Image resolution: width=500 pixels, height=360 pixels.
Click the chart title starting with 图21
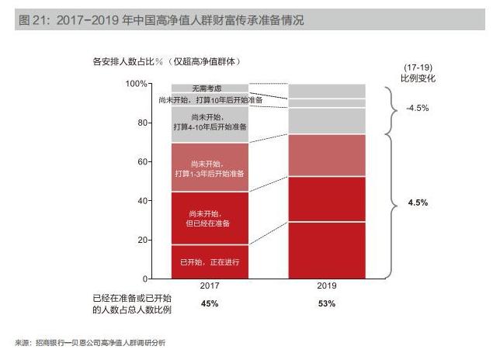[160, 21]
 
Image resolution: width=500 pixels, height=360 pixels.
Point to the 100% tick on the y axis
[137, 84]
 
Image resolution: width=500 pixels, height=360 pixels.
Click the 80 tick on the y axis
[141, 123]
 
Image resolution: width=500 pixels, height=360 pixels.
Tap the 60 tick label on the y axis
[141, 162]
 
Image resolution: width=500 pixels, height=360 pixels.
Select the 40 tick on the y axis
[141, 201]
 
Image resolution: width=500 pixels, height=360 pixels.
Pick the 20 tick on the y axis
[141, 240]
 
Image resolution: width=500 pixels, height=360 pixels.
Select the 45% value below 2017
[210, 303]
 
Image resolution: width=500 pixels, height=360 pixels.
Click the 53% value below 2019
[327, 303]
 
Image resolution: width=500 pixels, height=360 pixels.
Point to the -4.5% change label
[417, 109]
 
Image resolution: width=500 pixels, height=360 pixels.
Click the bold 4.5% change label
[418, 202]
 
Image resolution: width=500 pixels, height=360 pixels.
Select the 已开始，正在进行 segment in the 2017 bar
[210, 262]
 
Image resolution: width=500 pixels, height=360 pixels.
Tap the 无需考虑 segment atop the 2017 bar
[210, 88]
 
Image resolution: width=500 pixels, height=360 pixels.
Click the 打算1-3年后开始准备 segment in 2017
[210, 167]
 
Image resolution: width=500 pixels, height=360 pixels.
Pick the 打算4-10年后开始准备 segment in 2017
[210, 122]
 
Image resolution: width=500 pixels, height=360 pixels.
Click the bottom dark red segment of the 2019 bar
[327, 250]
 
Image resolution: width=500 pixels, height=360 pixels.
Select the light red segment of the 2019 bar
[327, 155]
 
